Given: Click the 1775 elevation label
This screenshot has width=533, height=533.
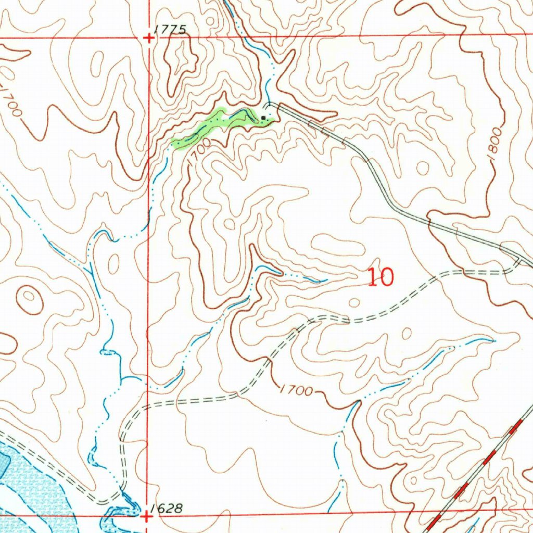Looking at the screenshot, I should point(171,30).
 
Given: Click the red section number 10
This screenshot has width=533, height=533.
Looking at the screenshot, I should point(380,277).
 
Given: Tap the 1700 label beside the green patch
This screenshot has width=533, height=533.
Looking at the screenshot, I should point(198,150).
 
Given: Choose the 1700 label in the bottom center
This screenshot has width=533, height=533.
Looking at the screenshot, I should point(296,390).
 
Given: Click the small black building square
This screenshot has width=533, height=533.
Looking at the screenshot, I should point(264,118).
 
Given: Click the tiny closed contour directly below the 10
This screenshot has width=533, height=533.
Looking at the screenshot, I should point(355,302).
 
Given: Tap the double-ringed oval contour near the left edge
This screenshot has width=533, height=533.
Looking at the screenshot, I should point(30,298).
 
